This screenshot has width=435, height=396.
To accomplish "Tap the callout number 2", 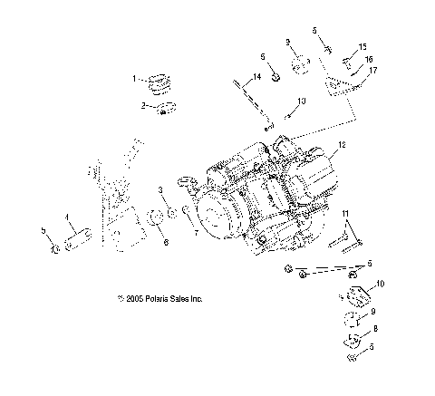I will [141, 106].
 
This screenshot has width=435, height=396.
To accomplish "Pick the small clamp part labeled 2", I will [164, 111].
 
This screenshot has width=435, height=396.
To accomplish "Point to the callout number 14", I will [257, 78].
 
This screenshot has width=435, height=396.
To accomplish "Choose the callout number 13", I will [302, 101].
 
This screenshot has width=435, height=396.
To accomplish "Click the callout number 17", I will [372, 70].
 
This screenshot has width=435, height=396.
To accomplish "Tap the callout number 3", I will [160, 191].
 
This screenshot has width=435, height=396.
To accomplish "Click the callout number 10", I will [380, 284].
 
